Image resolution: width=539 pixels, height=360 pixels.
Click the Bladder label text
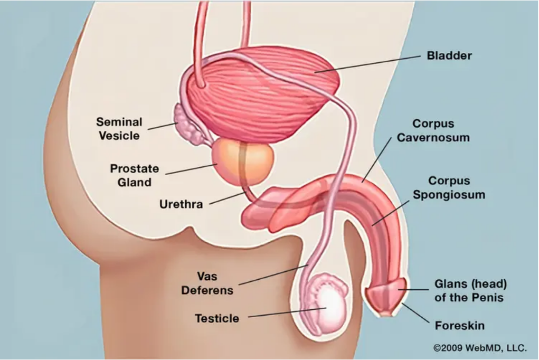tap(449, 55)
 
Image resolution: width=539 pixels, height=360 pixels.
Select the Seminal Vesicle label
tap(119, 129)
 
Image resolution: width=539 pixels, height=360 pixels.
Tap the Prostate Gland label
tap(135, 175)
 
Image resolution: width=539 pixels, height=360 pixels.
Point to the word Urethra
tap(181, 204)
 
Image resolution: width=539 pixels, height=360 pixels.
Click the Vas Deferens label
tap(207, 283)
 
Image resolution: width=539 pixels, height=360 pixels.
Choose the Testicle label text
tap(217, 318)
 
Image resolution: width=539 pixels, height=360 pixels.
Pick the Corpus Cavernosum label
tap(433, 130)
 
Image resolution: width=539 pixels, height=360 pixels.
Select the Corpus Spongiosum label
tap(449, 188)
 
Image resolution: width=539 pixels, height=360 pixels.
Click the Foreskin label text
tap(460, 325)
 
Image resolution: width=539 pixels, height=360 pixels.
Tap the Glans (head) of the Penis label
tap(470, 290)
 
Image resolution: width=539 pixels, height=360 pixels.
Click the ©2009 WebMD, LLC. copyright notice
tap(480, 348)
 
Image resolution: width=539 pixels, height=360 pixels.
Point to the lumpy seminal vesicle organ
tap(187, 124)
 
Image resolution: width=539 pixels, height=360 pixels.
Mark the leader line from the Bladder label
tap(367, 64)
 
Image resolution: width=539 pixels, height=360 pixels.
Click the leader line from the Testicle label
tap(287, 312)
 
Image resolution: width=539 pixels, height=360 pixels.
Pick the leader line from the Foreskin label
tap(415, 313)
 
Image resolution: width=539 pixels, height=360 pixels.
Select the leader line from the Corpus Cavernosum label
tap(376, 160)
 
